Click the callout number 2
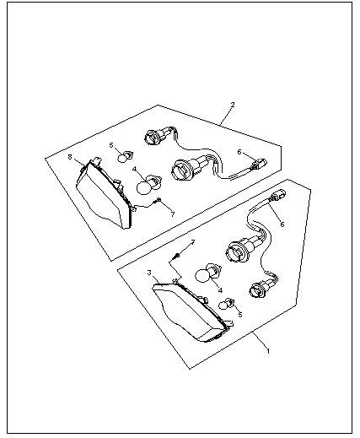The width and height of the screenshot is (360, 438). pyautogui.click(x=233, y=105)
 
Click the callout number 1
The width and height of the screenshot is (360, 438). pyautogui.click(x=268, y=351)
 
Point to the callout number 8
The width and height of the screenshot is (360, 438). pyautogui.click(x=70, y=157)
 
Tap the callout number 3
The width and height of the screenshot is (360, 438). pyautogui.click(x=149, y=273)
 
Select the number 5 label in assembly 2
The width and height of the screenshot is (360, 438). pyautogui.click(x=111, y=145)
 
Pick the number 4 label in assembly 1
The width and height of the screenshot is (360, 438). pyautogui.click(x=220, y=290)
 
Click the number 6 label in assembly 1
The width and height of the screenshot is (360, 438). pyautogui.click(x=282, y=224)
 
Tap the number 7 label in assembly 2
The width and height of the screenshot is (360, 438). pyautogui.click(x=173, y=214)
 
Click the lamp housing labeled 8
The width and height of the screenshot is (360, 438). pyautogui.click(x=104, y=193)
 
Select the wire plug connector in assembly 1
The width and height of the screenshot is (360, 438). pyautogui.click(x=277, y=195)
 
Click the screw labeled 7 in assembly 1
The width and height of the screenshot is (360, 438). pyautogui.click(x=176, y=256)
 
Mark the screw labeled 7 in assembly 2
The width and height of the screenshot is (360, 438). pyautogui.click(x=158, y=200)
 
